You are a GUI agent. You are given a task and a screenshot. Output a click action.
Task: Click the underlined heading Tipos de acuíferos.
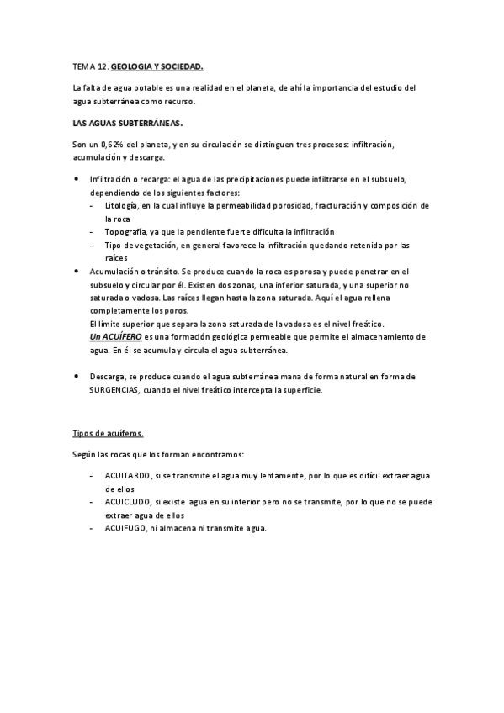[x=108, y=434]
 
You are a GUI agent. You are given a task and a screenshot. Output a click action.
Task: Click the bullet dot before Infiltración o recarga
[x=77, y=179]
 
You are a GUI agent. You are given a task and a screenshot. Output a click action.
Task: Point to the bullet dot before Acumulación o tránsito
[x=77, y=271]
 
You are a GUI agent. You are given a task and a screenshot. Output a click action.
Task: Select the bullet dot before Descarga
[x=77, y=376]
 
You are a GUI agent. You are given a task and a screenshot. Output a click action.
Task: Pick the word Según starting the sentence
[x=86, y=455]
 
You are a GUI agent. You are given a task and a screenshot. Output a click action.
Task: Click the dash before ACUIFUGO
[x=91, y=528]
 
